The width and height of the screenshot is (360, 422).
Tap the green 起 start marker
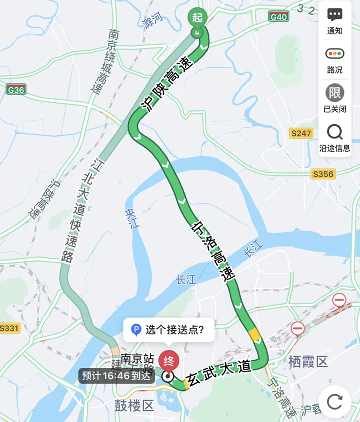coord(197,18)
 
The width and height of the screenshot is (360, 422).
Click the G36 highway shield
coord(16,89)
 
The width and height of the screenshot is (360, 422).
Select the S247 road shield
coord(301,133)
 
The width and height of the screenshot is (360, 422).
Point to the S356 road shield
coord(323,174)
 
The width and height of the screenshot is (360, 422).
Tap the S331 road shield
coord(10,328)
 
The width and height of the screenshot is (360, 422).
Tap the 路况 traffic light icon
coord(335,54)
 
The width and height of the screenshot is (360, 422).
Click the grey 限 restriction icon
coord(335,93)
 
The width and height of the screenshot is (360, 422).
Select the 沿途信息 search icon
coord(335,132)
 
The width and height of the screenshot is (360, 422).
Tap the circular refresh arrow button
coord(335,402)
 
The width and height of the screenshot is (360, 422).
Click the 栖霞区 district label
coord(308,362)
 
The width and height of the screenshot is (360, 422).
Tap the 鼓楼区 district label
coord(134,405)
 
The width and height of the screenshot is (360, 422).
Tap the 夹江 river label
coord(133,219)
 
